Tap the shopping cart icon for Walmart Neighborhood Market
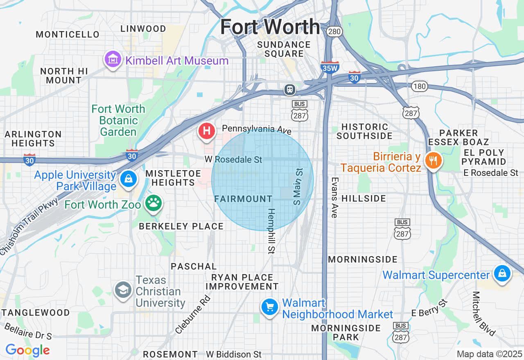[x=270, y=307]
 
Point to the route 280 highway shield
[x=334, y=32]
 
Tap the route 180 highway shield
[x=420, y=86]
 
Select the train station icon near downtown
[x=290, y=89]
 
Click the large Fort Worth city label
[x=270, y=27]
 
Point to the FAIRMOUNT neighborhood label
[x=243, y=199]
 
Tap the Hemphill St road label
[x=271, y=231]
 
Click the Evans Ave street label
[x=335, y=197]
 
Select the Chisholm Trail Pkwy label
[x=29, y=227]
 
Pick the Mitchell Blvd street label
[x=483, y=313]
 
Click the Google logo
[x=27, y=350]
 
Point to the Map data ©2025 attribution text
[x=489, y=354]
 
